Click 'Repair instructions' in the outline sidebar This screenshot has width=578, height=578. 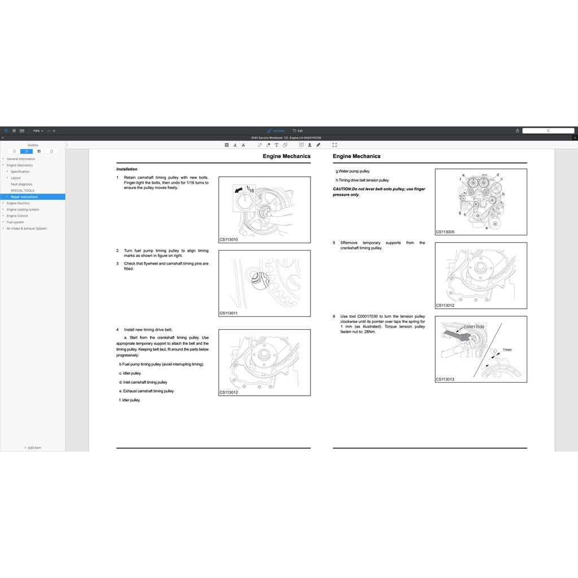[x=24, y=197]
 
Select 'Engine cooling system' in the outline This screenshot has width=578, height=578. [x=23, y=209]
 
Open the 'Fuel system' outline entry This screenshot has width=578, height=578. [x=15, y=222]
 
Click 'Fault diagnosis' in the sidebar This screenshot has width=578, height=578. [x=21, y=184]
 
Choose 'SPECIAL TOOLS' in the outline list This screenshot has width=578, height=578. [x=23, y=191]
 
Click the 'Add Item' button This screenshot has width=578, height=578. [x=32, y=448]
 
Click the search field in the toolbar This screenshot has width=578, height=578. [x=548, y=131]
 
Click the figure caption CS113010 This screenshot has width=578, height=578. [x=229, y=239]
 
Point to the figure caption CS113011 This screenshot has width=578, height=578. [x=229, y=313]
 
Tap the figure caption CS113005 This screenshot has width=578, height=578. [x=445, y=232]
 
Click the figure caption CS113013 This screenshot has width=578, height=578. [x=445, y=379]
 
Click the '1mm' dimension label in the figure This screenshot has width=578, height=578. [x=507, y=350]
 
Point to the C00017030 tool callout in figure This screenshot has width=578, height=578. [x=474, y=327]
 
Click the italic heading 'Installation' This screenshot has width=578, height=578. [x=126, y=169]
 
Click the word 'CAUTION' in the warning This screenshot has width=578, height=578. [x=342, y=189]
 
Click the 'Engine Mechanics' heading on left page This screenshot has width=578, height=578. [x=286, y=156]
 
